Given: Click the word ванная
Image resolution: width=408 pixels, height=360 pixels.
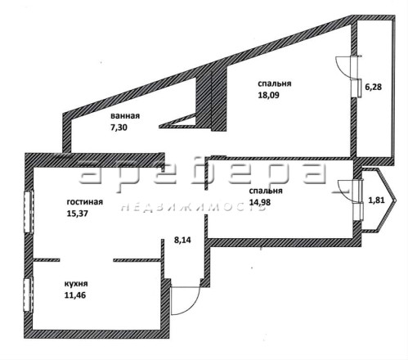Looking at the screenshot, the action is tap(125, 116).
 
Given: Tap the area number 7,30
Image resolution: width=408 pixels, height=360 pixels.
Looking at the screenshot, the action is tap(119, 128).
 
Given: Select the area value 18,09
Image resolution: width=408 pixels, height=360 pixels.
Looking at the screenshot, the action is tap(269, 95).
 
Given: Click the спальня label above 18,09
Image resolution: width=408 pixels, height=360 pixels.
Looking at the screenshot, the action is tap(275, 83).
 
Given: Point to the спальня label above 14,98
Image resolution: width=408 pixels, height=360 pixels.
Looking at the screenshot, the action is tap(266, 191).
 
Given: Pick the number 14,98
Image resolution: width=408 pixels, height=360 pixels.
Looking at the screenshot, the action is tap(260, 202).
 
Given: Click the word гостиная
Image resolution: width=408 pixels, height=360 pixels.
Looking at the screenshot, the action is tap(85, 202).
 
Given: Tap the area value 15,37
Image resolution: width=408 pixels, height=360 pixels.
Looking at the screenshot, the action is tap(78, 214).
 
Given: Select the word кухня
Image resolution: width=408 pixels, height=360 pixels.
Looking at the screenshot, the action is tap(76, 284).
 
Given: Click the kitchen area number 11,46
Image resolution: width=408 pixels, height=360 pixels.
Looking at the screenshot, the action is tap(75, 295).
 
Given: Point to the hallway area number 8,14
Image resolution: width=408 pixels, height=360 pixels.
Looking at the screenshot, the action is tap(182, 241).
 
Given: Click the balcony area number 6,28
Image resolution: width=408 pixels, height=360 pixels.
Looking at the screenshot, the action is tap(373, 88).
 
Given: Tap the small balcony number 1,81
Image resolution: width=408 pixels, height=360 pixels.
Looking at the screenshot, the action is tap(376, 200).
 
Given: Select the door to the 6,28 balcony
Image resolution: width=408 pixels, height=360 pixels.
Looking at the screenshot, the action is tap(348, 67).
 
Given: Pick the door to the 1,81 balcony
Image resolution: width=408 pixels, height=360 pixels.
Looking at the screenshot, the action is tap(350, 191).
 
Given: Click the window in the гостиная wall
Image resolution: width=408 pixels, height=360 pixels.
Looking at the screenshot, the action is tap(29, 212).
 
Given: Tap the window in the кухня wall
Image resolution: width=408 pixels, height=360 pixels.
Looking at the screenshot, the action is tap(28, 295).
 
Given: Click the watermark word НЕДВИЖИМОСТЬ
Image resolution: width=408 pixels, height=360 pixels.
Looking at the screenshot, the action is tap(193, 208).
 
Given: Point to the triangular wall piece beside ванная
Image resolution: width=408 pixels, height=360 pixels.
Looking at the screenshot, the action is tap(178, 121).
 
